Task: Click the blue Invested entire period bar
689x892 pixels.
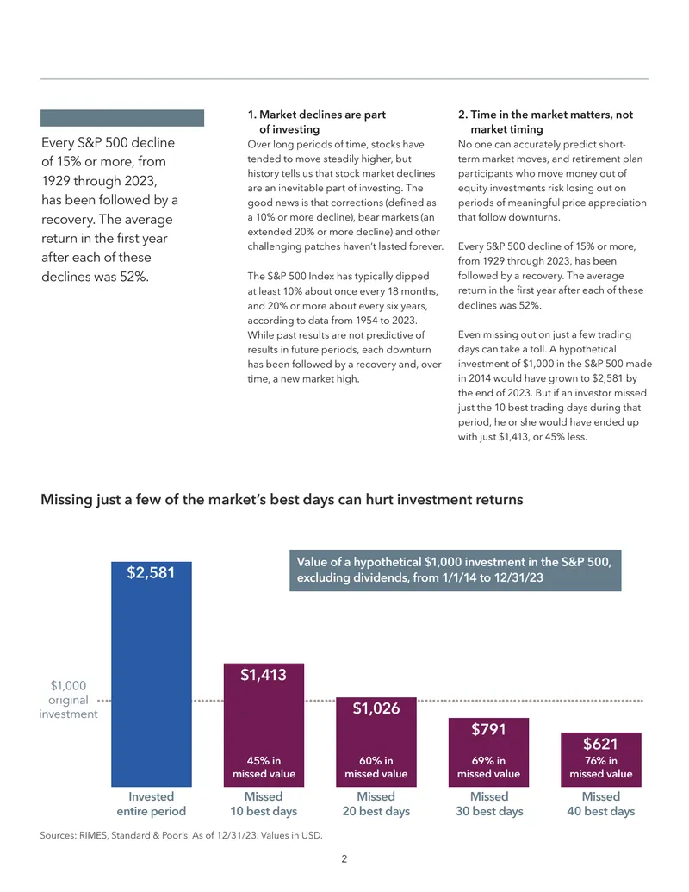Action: tap(152, 674)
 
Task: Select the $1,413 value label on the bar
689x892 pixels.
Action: tap(264, 675)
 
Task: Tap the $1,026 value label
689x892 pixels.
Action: tap(376, 708)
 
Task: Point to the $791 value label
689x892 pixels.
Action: tap(488, 729)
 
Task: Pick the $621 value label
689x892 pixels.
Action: tap(600, 744)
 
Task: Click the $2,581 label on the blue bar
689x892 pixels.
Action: tap(151, 572)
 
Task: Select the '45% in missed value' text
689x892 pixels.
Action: tap(264, 767)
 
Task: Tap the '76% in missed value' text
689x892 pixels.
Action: tap(601, 767)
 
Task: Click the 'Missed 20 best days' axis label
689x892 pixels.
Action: tap(376, 804)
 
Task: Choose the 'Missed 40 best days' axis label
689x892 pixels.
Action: tap(601, 804)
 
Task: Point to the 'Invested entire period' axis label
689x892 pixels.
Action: tap(152, 804)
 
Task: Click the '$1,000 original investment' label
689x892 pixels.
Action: tap(68, 700)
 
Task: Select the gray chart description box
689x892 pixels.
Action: tap(456, 570)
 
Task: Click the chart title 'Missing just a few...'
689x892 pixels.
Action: tap(282, 500)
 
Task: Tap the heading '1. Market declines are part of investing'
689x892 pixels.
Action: tap(317, 122)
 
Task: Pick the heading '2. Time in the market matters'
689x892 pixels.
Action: tap(545, 122)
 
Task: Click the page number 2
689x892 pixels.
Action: tap(344, 859)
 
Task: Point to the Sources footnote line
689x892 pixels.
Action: tap(182, 836)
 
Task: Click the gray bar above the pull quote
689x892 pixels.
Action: tap(122, 118)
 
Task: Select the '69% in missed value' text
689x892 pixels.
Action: tap(488, 767)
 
